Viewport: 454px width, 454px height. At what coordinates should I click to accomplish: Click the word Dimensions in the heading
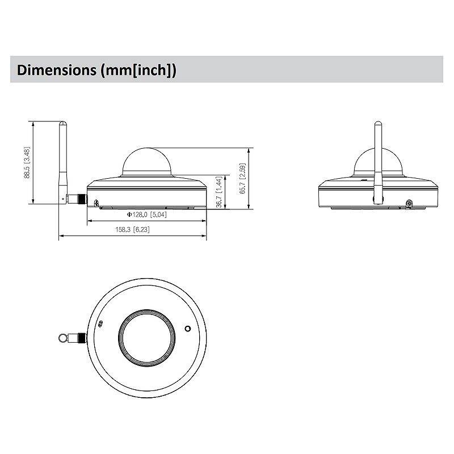pos(57,70)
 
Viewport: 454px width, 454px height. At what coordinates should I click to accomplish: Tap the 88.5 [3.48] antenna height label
pos(27,163)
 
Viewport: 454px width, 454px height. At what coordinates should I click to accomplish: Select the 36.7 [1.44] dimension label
pos(219,192)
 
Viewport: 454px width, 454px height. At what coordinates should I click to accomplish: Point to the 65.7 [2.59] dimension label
pos(242,179)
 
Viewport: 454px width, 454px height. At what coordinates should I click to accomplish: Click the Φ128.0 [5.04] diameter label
pos(146,215)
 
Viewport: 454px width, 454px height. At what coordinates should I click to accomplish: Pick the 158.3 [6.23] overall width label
pos(132,230)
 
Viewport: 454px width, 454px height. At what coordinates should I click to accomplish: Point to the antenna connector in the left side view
pos(77,199)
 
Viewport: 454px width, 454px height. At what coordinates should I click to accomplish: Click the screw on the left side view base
pos(96,203)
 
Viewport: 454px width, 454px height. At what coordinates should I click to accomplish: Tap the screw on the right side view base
pos(409,203)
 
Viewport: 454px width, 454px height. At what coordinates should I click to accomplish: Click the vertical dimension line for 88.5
pos(34,163)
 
